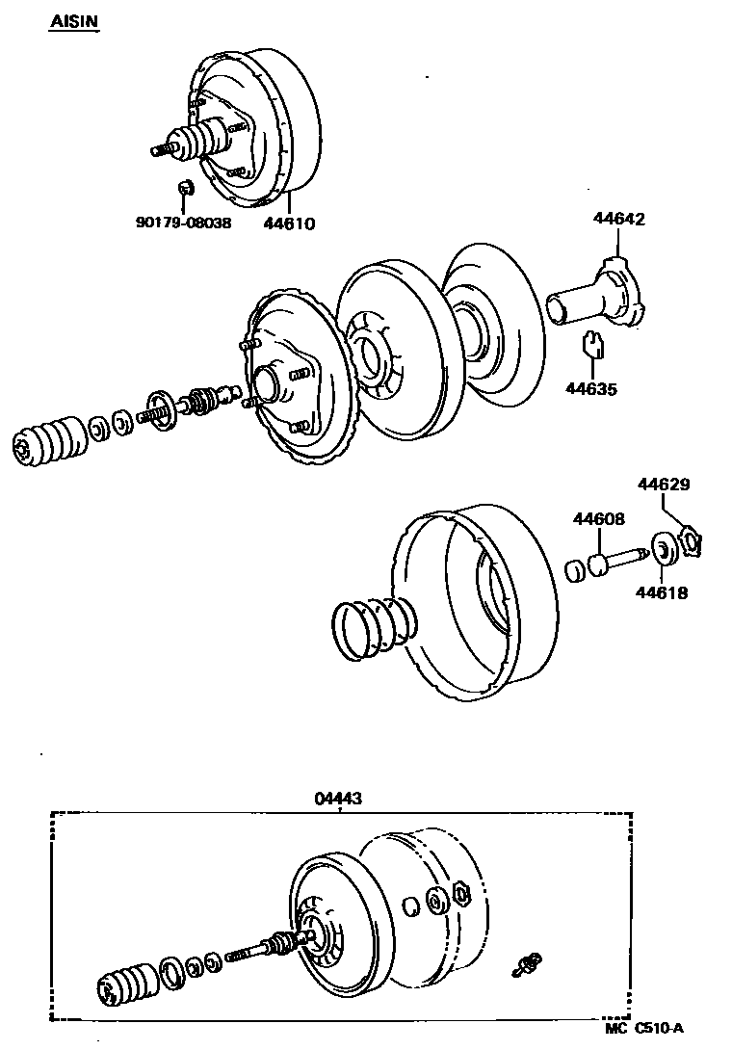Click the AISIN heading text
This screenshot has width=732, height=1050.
(74, 21)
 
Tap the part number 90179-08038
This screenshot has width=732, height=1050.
(183, 223)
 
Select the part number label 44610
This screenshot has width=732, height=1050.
(289, 223)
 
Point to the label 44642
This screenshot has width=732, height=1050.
(618, 219)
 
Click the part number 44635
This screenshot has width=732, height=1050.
(590, 389)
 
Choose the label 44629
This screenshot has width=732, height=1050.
(661, 484)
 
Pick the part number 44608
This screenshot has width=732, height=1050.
(598, 519)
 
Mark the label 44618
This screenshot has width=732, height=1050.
(661, 593)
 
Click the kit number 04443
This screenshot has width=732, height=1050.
(339, 799)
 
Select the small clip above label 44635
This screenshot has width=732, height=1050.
(594, 344)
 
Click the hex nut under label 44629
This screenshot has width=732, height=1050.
(691, 542)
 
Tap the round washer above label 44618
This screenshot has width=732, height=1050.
(663, 550)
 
